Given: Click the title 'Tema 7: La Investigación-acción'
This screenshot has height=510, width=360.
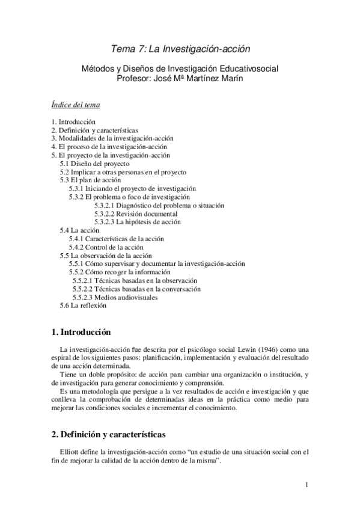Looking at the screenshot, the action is pos(180,48).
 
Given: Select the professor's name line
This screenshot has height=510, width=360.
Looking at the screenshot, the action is pos(180,78).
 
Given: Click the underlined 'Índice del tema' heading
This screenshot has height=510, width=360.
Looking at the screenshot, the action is pos(76,105).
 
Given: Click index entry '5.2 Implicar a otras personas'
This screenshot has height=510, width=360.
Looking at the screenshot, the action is pos(123,171).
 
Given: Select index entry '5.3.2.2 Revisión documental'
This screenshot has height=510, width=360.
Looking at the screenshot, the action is pos(135,214).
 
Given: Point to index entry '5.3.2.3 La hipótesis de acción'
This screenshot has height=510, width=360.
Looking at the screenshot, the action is pos(137,222).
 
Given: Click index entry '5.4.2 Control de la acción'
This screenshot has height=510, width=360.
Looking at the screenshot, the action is pos(106,247).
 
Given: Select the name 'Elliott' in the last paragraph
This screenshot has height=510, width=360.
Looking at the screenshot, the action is pos(70,452).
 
